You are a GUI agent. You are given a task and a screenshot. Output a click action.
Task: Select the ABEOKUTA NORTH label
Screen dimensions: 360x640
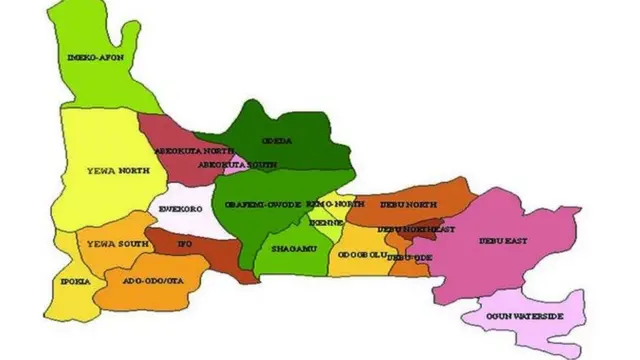tap(188, 151)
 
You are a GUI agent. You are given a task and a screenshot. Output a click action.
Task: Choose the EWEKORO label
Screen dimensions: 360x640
tap(181, 208)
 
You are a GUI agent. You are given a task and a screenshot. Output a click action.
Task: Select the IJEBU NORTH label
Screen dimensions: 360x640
tap(408, 205)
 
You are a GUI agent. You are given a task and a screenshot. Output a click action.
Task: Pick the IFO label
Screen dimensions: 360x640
tap(183, 243)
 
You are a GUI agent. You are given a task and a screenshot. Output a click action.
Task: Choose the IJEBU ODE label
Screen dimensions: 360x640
tap(409, 257)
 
